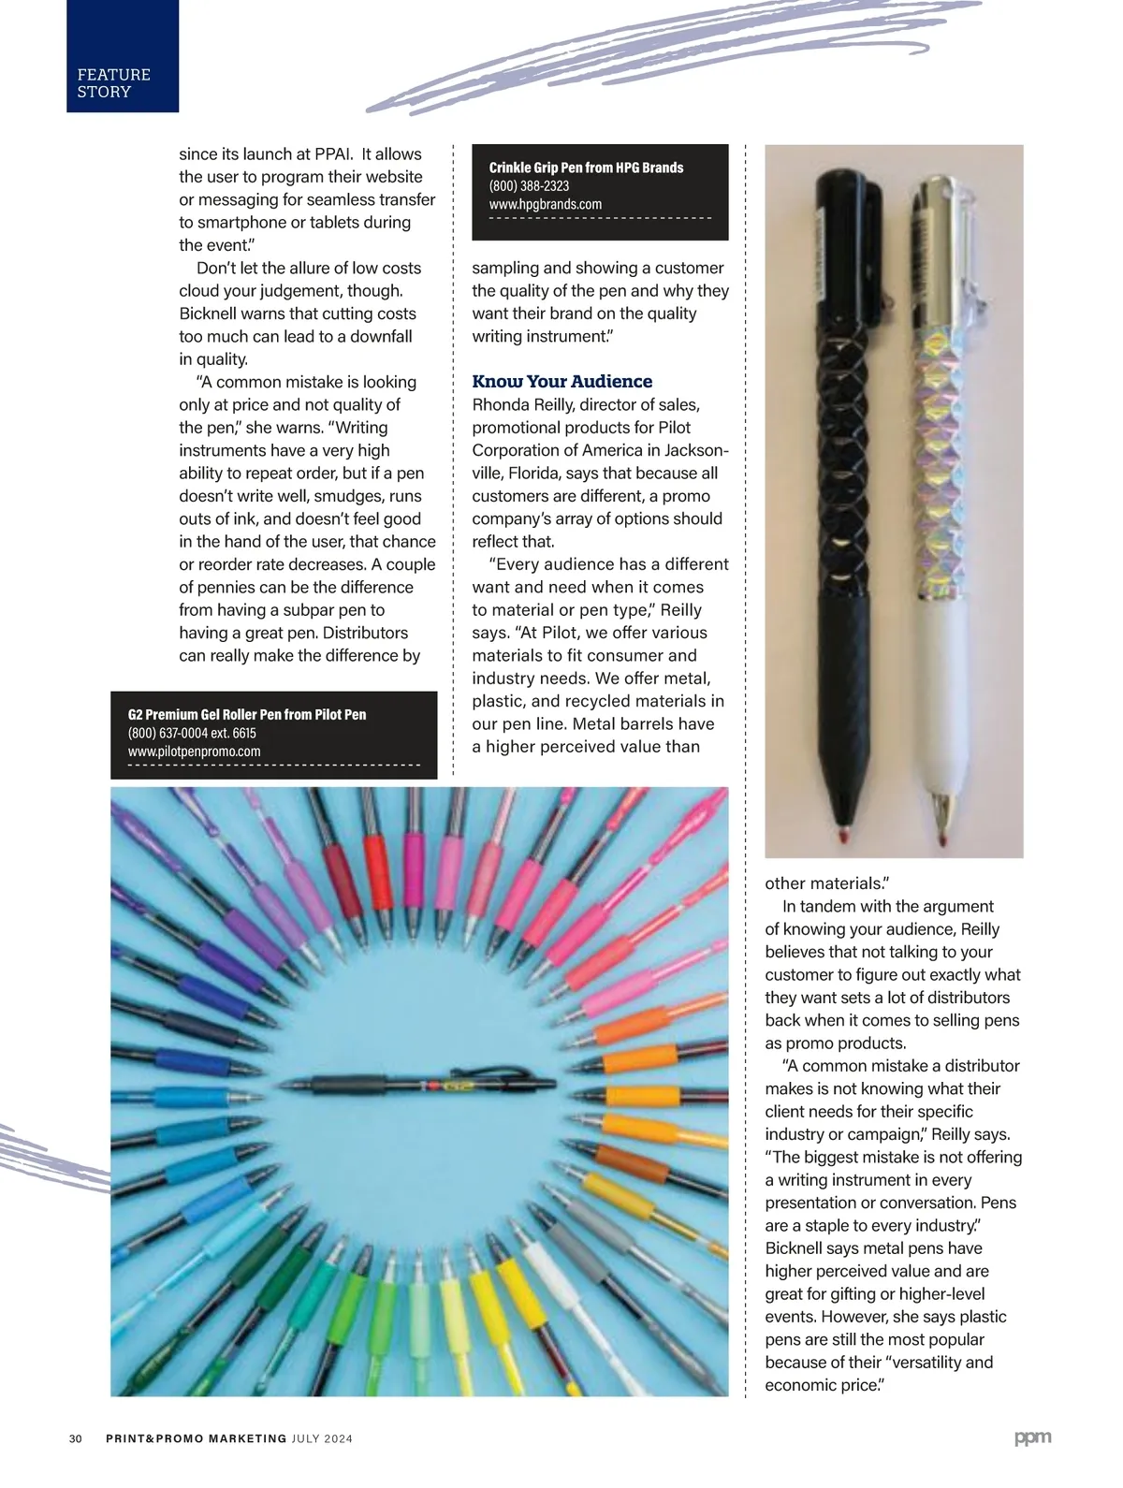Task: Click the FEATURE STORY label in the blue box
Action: pos(113,82)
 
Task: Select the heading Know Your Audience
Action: pos(561,381)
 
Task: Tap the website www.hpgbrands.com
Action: pos(545,204)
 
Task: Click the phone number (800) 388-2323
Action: pos(529,186)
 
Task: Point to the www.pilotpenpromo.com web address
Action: pos(194,751)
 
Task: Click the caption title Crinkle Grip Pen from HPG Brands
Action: pos(586,168)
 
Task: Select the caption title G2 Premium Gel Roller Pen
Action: pos(247,714)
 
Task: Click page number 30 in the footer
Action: pos(76,1438)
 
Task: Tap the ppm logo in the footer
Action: pos(1032,1437)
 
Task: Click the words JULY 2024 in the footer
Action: pos(322,1438)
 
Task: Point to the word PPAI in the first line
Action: pos(327,153)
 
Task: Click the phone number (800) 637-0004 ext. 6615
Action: pos(192,733)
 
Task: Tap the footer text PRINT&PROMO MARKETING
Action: pos(196,1438)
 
